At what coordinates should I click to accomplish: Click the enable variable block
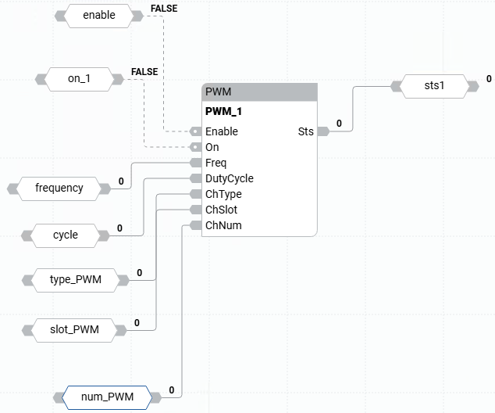(98, 15)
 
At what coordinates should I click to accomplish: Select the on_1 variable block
(79, 79)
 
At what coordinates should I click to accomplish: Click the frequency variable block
(59, 188)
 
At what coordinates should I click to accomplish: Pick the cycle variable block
(66, 235)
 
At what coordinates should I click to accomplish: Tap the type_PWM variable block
(75, 279)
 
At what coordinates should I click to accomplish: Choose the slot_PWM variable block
(75, 329)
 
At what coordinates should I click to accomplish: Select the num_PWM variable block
(106, 397)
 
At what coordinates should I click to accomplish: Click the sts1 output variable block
(434, 85)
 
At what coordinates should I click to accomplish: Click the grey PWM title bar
(259, 92)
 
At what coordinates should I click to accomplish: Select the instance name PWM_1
(223, 112)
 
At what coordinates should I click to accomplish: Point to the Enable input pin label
(222, 131)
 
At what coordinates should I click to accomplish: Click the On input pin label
(212, 147)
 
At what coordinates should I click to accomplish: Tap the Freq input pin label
(215, 163)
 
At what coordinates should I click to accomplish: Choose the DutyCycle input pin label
(229, 178)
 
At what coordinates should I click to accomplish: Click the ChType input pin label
(223, 194)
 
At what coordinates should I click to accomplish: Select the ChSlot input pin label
(222, 210)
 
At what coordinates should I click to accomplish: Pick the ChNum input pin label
(223, 225)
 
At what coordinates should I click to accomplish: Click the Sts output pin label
(305, 131)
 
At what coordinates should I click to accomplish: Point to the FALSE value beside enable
(163, 8)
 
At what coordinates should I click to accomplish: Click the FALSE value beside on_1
(144, 71)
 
